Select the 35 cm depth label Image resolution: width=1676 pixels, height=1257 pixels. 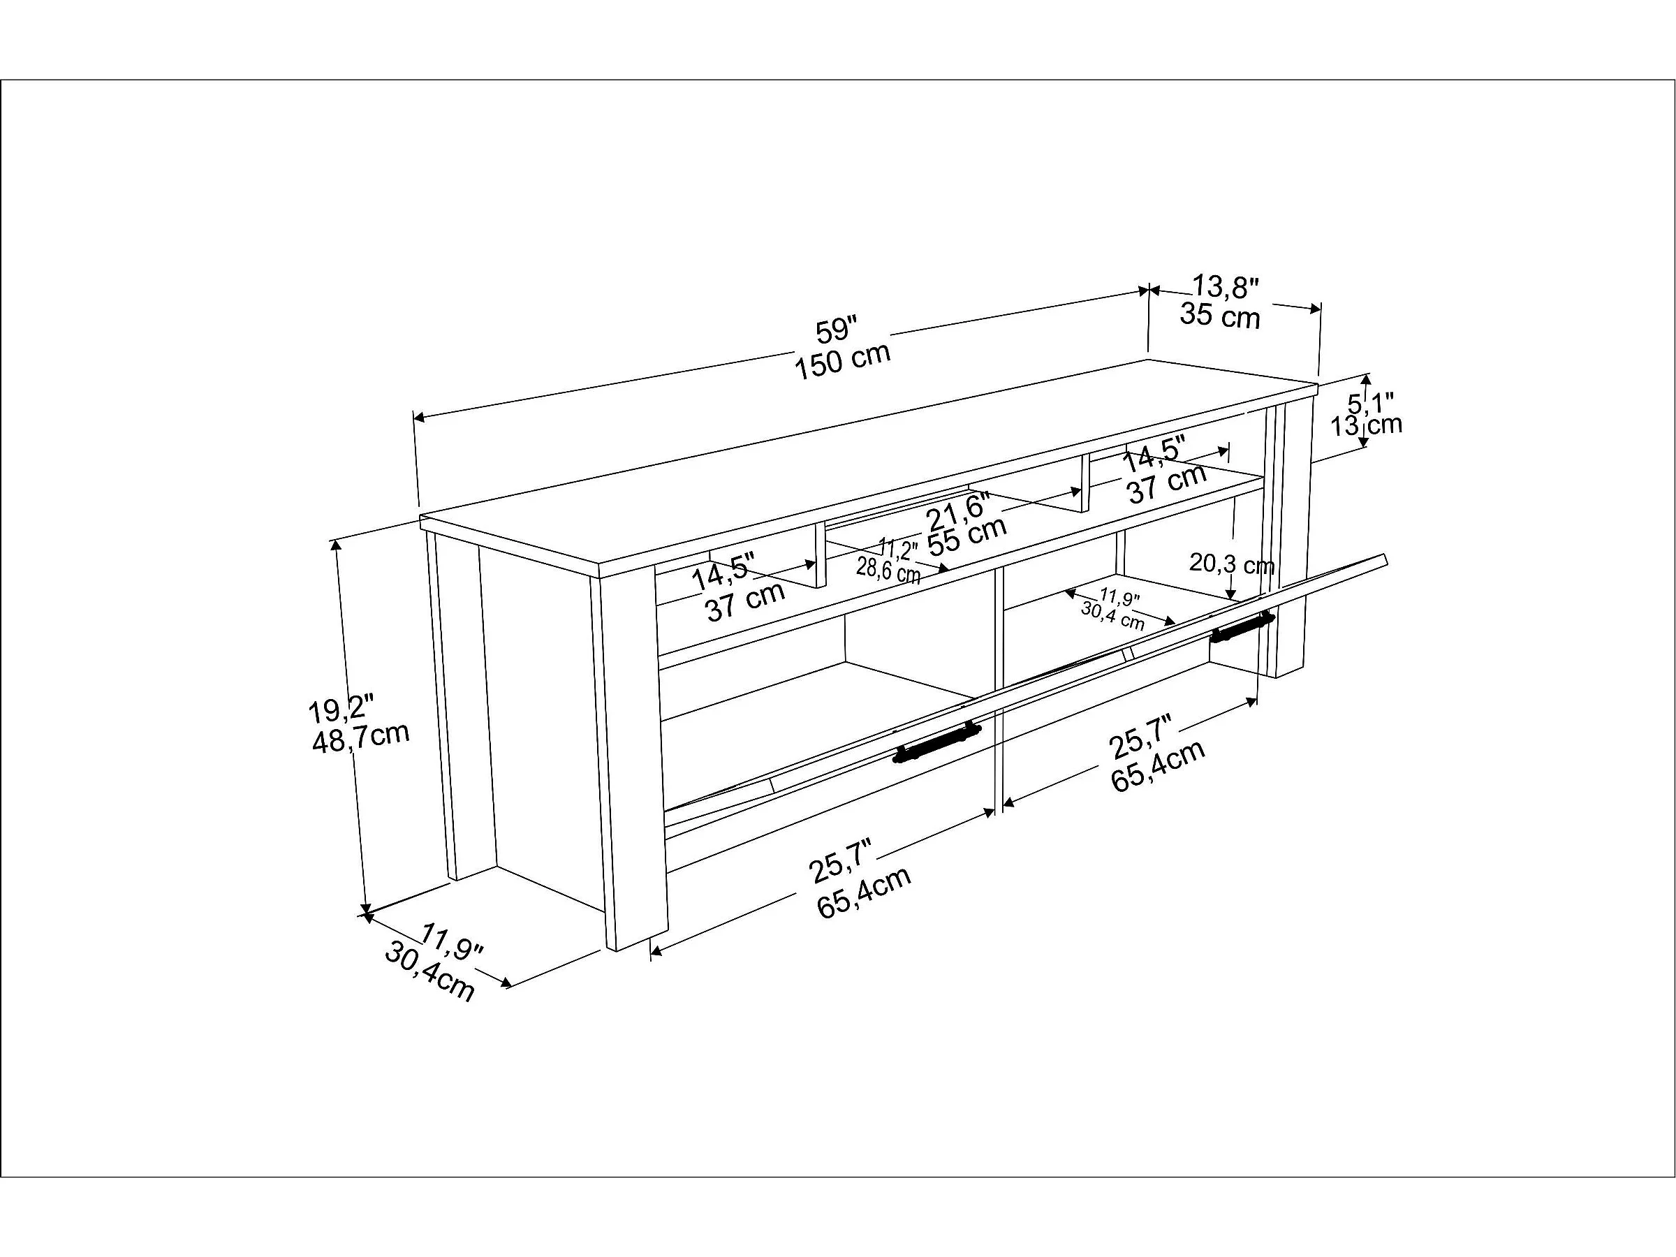(x=1219, y=315)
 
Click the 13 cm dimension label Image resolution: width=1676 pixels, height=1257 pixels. (x=1366, y=425)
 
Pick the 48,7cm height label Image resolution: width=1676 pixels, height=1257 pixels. (x=360, y=736)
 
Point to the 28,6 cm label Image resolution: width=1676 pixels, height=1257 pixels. (x=888, y=570)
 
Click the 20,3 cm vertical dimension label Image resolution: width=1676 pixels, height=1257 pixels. (x=1231, y=564)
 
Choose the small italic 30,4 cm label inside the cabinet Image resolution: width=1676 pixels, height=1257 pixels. (x=1112, y=615)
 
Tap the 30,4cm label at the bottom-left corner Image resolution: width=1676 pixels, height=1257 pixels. (x=429, y=972)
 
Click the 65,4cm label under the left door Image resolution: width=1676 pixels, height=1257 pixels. (x=864, y=894)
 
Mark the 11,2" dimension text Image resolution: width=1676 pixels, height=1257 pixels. (x=897, y=547)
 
